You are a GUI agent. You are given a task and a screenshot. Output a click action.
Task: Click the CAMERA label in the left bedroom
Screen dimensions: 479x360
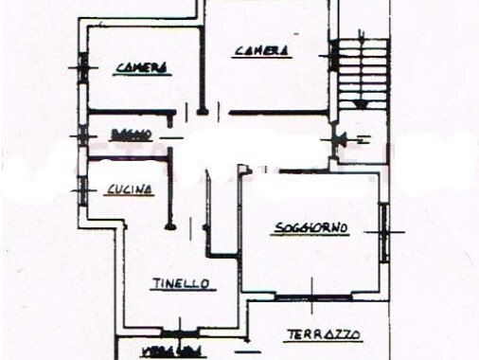click(x=142, y=67)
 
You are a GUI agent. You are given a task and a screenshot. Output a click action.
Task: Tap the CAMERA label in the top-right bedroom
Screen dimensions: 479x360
click(x=262, y=50)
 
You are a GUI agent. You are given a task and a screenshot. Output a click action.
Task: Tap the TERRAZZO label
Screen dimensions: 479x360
click(x=324, y=333)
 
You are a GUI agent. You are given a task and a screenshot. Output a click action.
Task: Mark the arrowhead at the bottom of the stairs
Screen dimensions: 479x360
click(x=358, y=104)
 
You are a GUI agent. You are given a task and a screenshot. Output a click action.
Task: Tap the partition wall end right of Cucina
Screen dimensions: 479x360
click(x=170, y=226)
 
